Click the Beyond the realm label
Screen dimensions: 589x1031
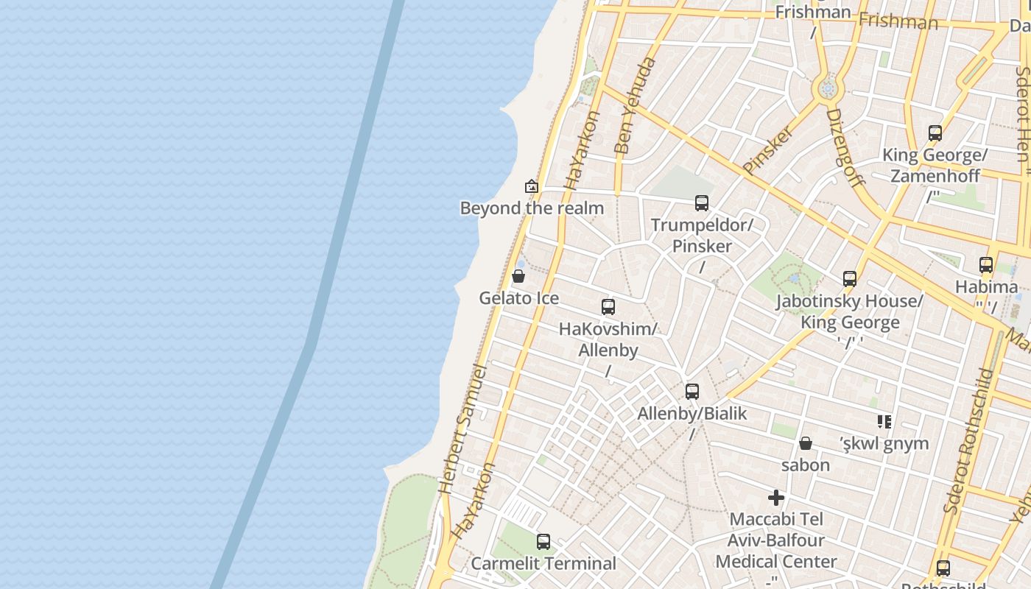532,208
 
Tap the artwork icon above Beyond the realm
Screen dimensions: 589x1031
532,186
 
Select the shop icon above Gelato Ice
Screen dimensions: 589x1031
518,277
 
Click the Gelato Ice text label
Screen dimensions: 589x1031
518,298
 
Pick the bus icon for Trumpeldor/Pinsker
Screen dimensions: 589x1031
701,202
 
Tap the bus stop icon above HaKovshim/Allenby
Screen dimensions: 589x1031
608,307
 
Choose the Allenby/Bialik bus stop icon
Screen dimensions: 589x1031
692,392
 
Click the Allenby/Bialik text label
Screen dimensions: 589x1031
692,414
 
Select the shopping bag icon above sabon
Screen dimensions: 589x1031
806,443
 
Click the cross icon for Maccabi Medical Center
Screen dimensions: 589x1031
775,498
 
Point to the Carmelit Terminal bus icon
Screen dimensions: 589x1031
543,542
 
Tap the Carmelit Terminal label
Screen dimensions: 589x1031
543,564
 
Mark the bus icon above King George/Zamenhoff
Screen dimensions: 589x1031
935,133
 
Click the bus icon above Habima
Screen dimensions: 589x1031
986,265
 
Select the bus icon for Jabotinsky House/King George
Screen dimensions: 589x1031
850,279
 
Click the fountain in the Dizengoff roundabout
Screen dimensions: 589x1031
828,89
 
